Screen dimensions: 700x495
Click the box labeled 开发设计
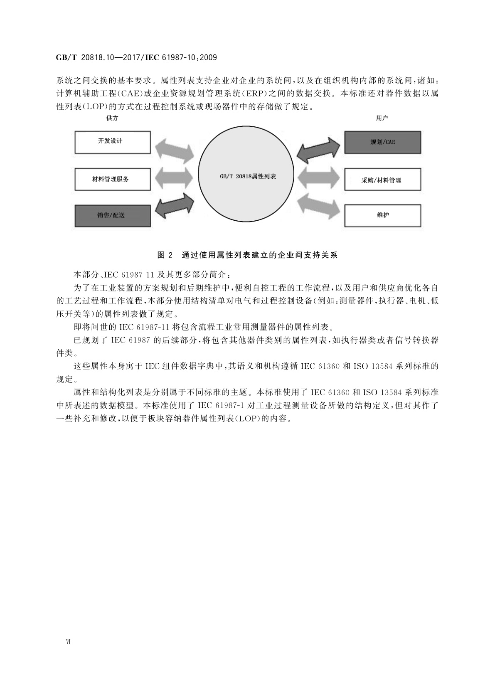point(112,142)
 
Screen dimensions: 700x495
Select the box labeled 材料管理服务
point(112,179)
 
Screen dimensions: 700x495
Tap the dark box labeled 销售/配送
point(112,215)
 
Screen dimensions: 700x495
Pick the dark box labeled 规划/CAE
point(382,142)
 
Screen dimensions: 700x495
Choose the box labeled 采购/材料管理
point(382,180)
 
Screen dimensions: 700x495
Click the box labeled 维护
point(382,215)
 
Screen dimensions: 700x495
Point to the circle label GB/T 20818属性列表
point(248,176)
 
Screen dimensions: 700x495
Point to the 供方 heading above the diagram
point(112,118)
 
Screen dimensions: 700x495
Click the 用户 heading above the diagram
point(382,118)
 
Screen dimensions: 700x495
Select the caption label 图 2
point(165,255)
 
